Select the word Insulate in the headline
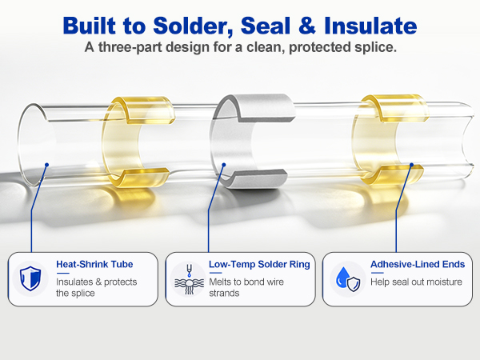370,26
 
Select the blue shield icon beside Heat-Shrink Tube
30,278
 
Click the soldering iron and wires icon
189,279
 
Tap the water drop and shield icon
348,279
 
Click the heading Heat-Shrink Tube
94,264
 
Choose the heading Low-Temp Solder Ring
259,264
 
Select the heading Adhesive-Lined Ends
418,264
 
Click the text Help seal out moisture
416,282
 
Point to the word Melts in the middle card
220,282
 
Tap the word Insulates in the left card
74,282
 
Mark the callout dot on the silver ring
224,165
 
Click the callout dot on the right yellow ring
411,165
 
